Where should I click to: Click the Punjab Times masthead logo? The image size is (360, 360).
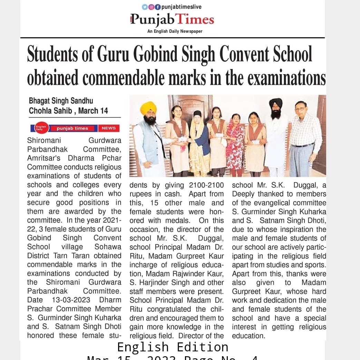(172, 20)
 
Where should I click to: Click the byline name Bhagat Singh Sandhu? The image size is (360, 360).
(61, 101)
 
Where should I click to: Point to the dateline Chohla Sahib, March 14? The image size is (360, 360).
(68, 111)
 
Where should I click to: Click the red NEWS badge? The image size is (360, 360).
(109, 128)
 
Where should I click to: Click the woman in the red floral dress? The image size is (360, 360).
(236, 145)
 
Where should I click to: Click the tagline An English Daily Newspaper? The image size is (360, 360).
(175, 31)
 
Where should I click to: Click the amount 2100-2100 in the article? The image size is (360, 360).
(206, 185)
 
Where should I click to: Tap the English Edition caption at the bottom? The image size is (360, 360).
(173, 347)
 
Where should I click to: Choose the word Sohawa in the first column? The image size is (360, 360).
(108, 247)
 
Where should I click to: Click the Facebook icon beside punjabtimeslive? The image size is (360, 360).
(158, 7)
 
